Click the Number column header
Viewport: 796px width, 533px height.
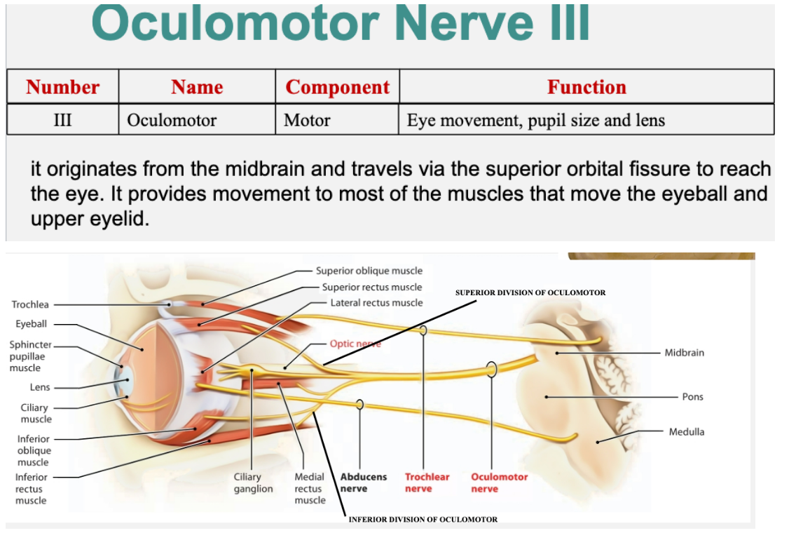pyautogui.click(x=62, y=87)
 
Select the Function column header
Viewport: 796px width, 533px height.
pyautogui.click(x=586, y=87)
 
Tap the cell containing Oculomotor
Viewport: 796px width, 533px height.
pyautogui.click(x=172, y=120)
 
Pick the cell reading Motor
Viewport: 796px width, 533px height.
pyautogui.click(x=307, y=120)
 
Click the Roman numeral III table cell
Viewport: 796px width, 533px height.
pyautogui.click(x=62, y=120)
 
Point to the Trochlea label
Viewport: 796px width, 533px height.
pyautogui.click(x=30, y=304)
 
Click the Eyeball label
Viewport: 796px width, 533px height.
pyautogui.click(x=32, y=323)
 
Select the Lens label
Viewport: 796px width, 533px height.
pyautogui.click(x=40, y=387)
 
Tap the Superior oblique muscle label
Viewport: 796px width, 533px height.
pyautogui.click(x=369, y=271)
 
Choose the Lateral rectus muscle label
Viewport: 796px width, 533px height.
pyautogui.click(x=376, y=303)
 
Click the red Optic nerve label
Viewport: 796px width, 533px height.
pyautogui.click(x=355, y=344)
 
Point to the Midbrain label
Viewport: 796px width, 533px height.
pyautogui.click(x=684, y=352)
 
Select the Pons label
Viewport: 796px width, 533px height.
pyautogui.click(x=692, y=397)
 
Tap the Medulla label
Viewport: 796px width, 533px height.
pyautogui.click(x=686, y=432)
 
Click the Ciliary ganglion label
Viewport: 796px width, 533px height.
pyautogui.click(x=253, y=483)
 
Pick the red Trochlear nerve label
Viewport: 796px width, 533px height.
pyautogui.click(x=427, y=483)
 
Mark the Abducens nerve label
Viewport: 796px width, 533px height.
pyautogui.click(x=363, y=483)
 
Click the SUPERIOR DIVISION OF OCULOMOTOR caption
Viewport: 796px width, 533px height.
pyautogui.click(x=530, y=292)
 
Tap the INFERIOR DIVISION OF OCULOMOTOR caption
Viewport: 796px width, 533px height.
pyautogui.click(x=423, y=520)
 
